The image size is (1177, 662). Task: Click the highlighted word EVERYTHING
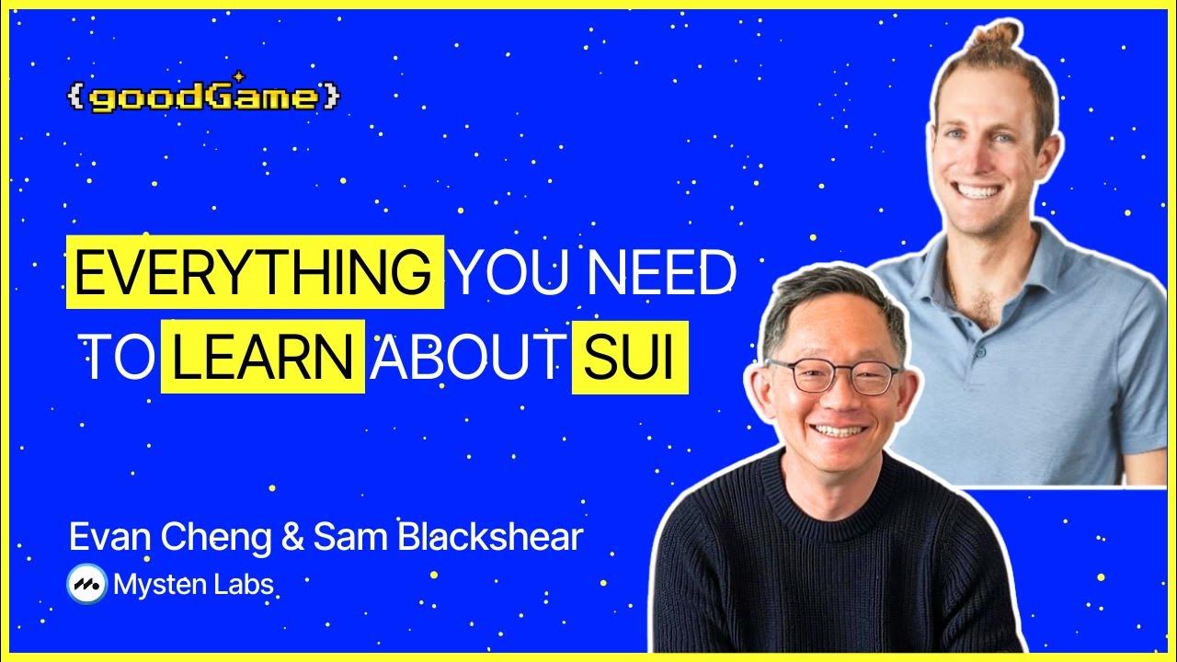pos(254,272)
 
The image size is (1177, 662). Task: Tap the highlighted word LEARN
pos(263,358)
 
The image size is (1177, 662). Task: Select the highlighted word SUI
pos(630,358)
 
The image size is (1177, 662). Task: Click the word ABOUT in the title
pos(465,358)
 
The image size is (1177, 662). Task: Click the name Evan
pos(109,538)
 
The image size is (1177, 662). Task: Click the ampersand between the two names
pos(293,538)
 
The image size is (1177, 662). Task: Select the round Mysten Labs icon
pos(87,583)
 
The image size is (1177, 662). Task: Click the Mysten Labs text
pos(193,584)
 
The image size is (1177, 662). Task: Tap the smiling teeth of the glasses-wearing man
pos(839,430)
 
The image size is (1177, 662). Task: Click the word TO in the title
pos(117,358)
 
